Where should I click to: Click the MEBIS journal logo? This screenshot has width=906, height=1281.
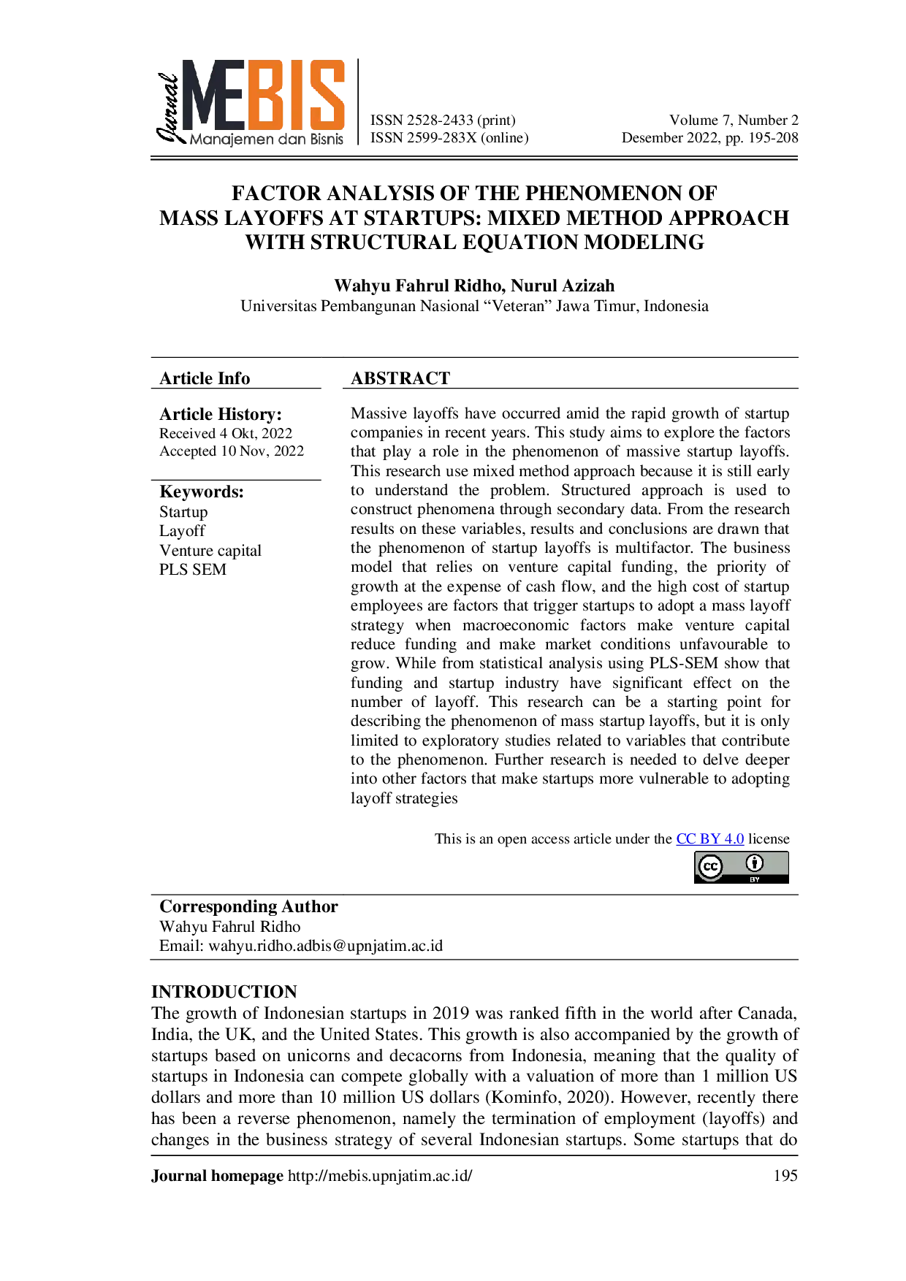point(251,102)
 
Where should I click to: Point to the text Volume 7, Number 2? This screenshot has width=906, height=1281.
point(734,121)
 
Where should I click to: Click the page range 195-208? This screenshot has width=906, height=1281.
point(773,138)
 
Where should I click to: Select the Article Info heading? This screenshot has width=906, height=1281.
point(205,378)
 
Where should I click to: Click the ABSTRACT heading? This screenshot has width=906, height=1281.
point(400,378)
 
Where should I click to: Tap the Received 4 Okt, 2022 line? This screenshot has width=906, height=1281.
point(226,434)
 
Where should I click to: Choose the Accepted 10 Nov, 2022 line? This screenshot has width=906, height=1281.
point(232,451)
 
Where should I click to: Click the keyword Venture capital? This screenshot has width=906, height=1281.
point(210,551)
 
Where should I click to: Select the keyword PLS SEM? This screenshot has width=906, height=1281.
point(193,570)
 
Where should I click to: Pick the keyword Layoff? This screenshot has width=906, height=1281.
point(182,531)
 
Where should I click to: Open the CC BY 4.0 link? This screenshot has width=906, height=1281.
point(710,839)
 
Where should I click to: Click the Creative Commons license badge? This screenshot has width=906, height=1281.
point(742,868)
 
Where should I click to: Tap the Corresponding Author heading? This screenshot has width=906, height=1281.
point(248,906)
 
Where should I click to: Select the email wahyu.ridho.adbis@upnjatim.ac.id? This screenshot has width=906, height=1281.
point(326,947)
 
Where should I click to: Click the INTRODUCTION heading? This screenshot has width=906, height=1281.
point(224,992)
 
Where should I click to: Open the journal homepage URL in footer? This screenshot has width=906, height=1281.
point(380,1176)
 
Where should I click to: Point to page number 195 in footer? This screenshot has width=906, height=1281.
point(785,1176)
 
